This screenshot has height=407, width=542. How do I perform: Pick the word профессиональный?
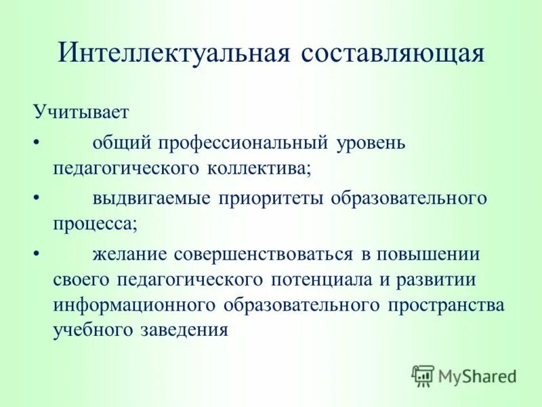[245, 143]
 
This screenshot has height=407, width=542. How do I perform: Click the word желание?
[129, 254]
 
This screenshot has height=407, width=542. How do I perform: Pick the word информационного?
[135, 305]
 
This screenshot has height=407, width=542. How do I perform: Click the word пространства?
[446, 305]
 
